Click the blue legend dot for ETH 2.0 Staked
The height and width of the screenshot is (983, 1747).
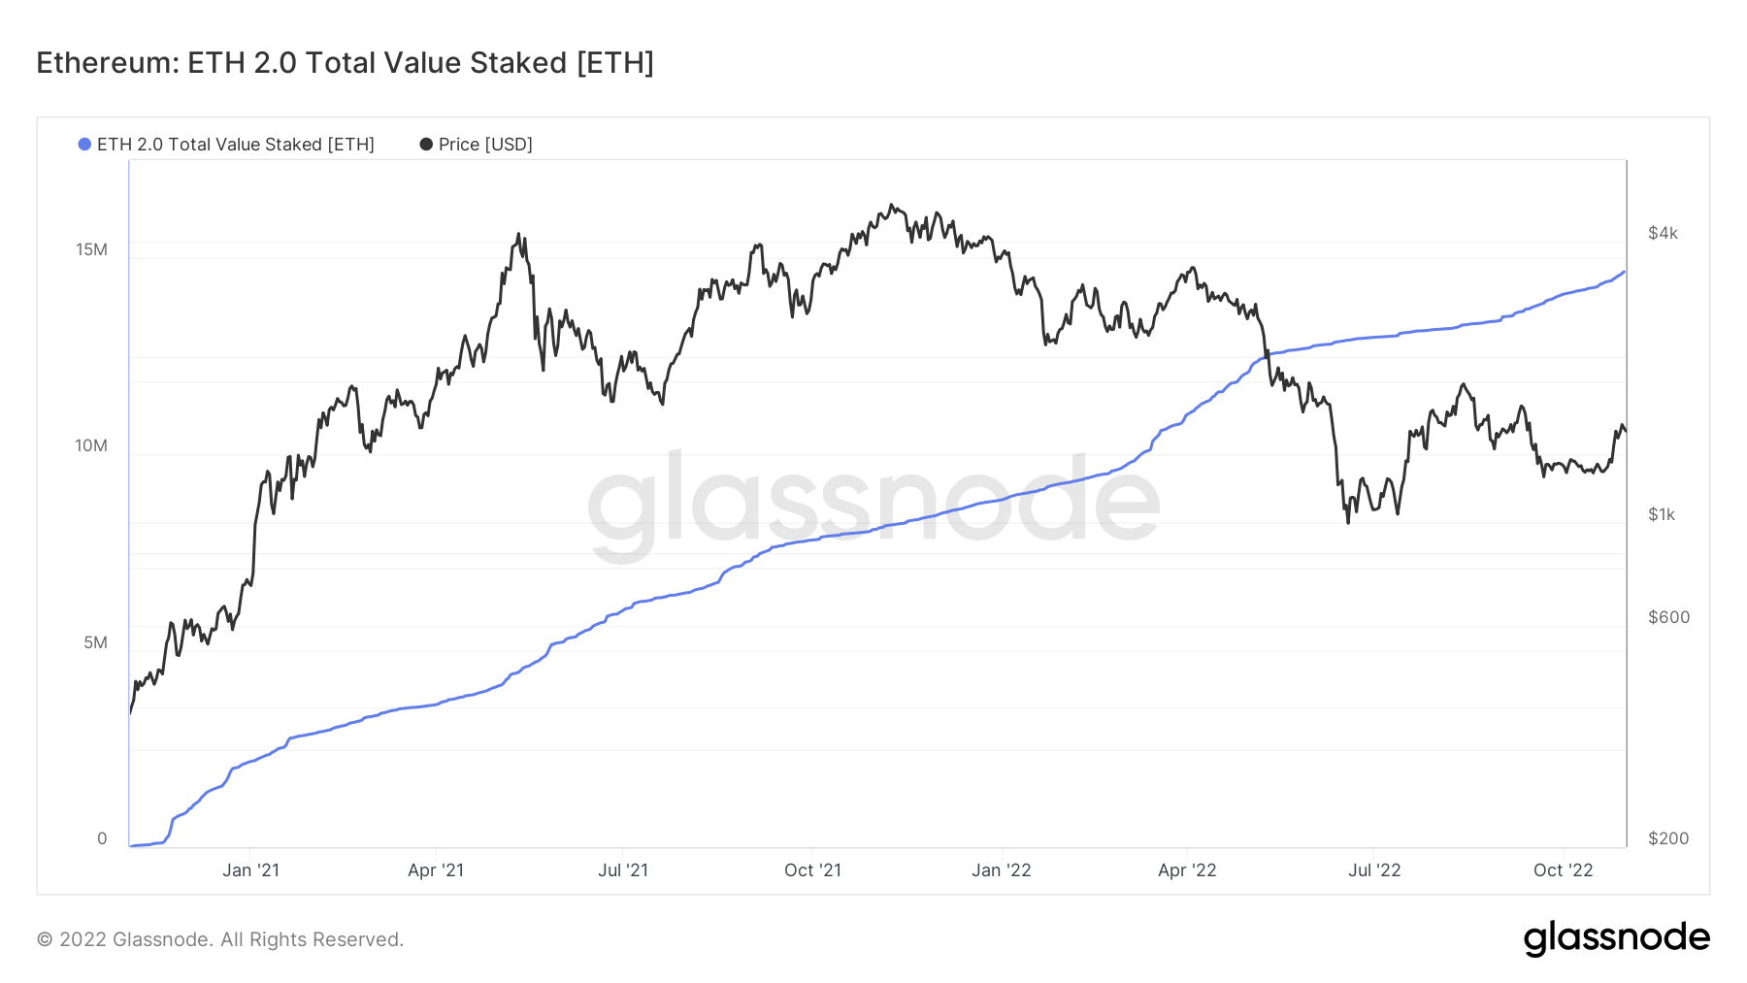84,145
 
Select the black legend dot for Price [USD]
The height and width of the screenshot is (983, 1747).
426,145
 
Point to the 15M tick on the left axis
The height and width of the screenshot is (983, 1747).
91,249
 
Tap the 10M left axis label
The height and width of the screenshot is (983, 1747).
91,445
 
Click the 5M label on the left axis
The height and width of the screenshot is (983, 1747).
95,642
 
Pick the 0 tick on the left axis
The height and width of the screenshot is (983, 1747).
102,838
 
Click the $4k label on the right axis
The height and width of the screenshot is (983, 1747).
1663,233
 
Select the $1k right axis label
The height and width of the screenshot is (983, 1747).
1662,514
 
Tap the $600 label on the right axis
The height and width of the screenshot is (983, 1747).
1668,617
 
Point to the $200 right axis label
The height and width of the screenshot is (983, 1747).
1668,838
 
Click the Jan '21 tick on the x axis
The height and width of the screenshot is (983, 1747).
250,870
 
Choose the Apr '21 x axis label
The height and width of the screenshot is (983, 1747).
436,870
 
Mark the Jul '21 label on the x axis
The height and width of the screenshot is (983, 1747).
623,870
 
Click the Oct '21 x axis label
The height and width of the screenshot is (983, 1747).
812,870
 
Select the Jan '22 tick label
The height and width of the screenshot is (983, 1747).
1002,870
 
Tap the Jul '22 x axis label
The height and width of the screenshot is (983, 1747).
1374,870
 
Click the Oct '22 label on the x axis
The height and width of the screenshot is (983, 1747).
1563,870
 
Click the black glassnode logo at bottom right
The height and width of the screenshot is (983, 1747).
1616,938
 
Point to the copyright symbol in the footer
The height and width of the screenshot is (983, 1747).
45,939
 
